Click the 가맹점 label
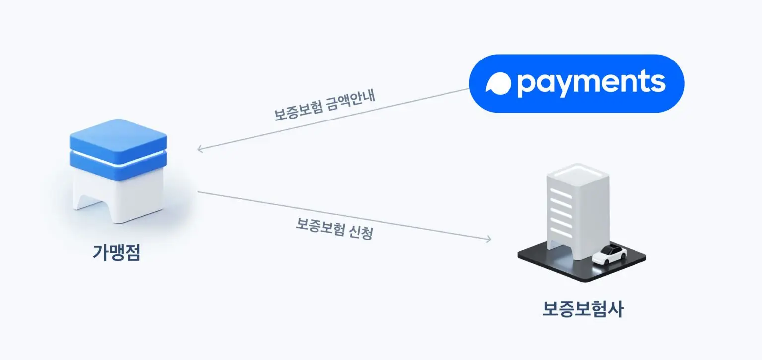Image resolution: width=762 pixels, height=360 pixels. pyautogui.click(x=117, y=252)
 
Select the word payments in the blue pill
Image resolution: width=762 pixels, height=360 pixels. pyautogui.click(x=591, y=83)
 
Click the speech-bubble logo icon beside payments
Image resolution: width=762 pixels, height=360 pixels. pyautogui.click(x=499, y=83)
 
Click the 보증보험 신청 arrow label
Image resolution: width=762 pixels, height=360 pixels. pyautogui.click(x=334, y=229)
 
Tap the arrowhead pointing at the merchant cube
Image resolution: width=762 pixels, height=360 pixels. pyautogui.click(x=201, y=149)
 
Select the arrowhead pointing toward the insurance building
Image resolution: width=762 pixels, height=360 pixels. pyautogui.click(x=488, y=239)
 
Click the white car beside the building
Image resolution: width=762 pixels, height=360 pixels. pyautogui.click(x=609, y=254)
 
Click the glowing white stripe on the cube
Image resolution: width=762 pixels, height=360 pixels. pyautogui.click(x=119, y=159)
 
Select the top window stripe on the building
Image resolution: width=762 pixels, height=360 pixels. pyautogui.click(x=561, y=193)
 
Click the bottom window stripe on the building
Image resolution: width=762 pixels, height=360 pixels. pyautogui.click(x=561, y=232)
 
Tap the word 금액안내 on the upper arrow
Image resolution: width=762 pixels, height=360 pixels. pyautogui.click(x=351, y=101)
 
